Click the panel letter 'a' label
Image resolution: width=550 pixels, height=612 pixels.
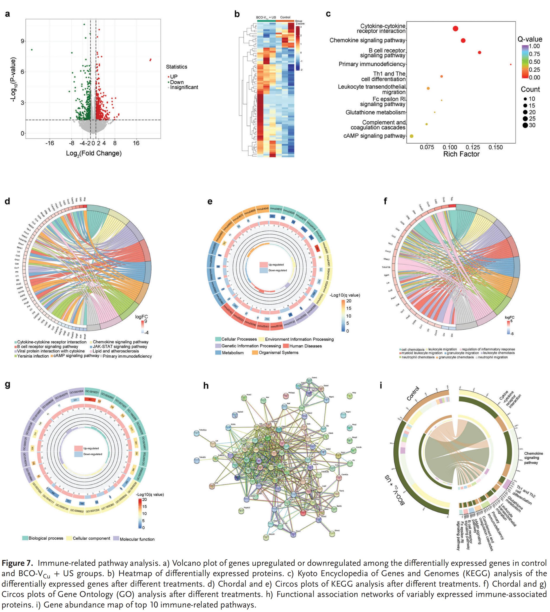click(x=8, y=14)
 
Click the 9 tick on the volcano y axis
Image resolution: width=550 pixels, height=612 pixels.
click(x=22, y=41)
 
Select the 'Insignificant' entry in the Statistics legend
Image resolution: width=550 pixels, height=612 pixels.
click(x=184, y=87)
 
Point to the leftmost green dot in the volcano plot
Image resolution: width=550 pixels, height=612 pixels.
click(x=32, y=50)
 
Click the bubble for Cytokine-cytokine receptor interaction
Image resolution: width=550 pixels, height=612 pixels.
click(x=455, y=29)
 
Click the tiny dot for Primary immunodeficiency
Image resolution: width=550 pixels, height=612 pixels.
click(x=511, y=64)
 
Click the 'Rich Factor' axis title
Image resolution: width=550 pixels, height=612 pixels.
click(x=461, y=154)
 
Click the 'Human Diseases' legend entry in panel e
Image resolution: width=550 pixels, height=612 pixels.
click(x=305, y=346)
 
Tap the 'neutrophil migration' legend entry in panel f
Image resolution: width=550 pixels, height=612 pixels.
click(x=493, y=357)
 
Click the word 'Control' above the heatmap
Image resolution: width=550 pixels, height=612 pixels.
click(x=285, y=17)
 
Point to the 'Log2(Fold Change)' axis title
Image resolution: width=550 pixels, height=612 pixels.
click(x=94, y=153)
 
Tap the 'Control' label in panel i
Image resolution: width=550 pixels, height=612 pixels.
click(x=413, y=394)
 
